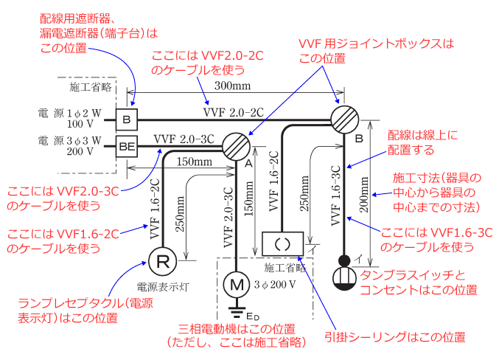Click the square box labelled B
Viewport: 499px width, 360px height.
(x=127, y=120)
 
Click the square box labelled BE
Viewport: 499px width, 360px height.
(x=127, y=148)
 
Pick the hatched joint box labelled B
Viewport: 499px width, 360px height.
(x=343, y=118)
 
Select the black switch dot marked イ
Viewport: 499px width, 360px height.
(x=343, y=260)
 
